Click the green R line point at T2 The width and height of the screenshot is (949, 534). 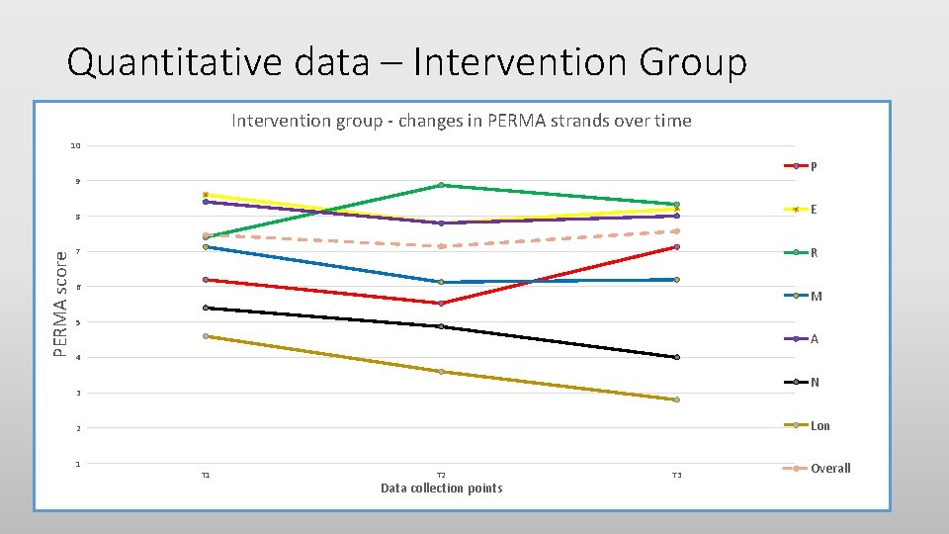pos(441,185)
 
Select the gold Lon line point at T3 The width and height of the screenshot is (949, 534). pos(676,400)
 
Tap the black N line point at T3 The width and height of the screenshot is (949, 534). pos(676,357)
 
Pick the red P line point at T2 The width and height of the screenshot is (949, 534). pos(441,304)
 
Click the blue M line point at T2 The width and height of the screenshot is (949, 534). pos(441,282)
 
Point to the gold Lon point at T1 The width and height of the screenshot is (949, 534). pos(206,336)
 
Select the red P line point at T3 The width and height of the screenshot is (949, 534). pos(676,246)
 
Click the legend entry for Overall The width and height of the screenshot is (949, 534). pos(829,469)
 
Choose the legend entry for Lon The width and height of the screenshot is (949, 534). pos(820,426)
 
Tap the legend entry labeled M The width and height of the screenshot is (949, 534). pos(816,297)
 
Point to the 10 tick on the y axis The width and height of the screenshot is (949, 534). pos(76,146)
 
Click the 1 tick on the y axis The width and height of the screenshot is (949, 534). pos(78,464)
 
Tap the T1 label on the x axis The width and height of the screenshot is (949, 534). pos(206,476)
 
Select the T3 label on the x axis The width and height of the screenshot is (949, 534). pos(676,476)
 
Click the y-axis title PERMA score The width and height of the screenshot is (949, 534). pos(61,304)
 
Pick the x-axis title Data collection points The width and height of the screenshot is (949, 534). pos(441,489)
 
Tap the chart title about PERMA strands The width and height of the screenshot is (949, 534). pos(461,121)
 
